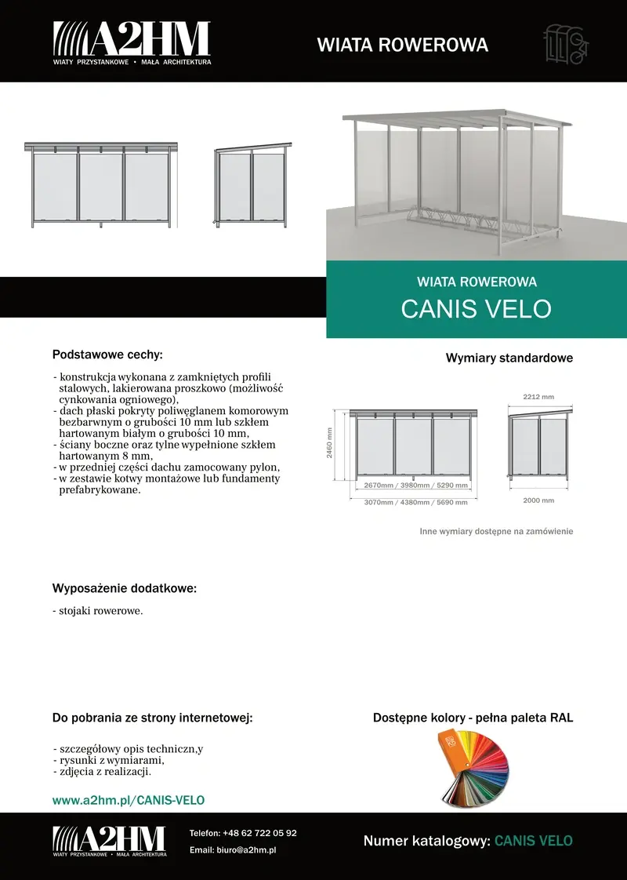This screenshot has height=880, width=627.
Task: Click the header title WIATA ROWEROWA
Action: coord(402,45)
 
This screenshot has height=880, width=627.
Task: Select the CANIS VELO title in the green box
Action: coord(477,308)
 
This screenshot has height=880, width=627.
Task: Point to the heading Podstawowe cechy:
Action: coord(107,355)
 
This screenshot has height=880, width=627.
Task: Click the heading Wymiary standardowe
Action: coord(509,358)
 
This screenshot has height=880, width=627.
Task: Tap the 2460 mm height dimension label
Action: coord(330,443)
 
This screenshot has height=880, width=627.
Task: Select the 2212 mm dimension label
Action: coord(538,396)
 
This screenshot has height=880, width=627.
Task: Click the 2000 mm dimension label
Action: coord(538,500)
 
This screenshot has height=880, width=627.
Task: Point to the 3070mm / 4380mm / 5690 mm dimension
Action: coord(416,502)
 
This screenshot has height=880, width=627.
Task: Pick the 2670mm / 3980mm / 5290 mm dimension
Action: coord(416,485)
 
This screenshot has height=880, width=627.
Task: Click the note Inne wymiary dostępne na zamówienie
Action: coord(496,531)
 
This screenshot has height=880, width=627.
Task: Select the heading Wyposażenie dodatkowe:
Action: coord(125,587)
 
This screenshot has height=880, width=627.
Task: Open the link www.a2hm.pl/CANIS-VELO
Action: coord(129,800)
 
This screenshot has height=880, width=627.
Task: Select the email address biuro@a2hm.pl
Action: coord(250,849)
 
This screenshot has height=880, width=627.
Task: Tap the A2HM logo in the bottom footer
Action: coord(110,841)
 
